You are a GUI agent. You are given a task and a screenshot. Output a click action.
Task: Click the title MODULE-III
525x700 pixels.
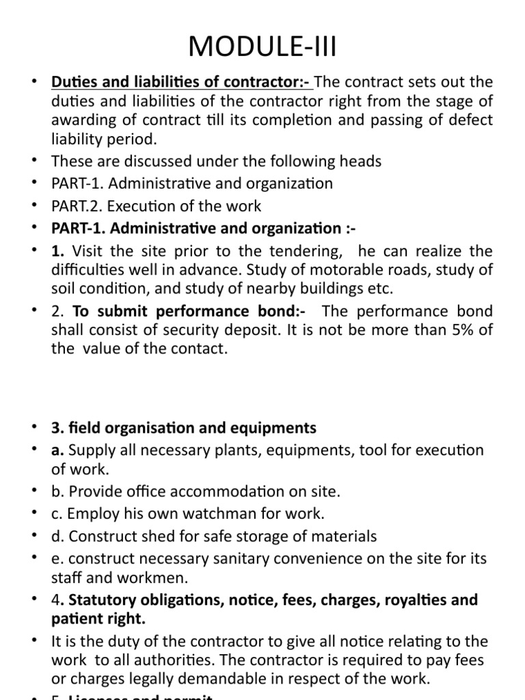(x=262, y=49)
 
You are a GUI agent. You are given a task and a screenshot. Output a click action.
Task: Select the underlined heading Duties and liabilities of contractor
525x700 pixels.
(x=182, y=82)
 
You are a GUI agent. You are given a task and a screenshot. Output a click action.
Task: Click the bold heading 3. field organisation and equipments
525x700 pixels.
(x=183, y=428)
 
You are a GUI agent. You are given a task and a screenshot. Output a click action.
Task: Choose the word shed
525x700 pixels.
(x=145, y=536)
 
